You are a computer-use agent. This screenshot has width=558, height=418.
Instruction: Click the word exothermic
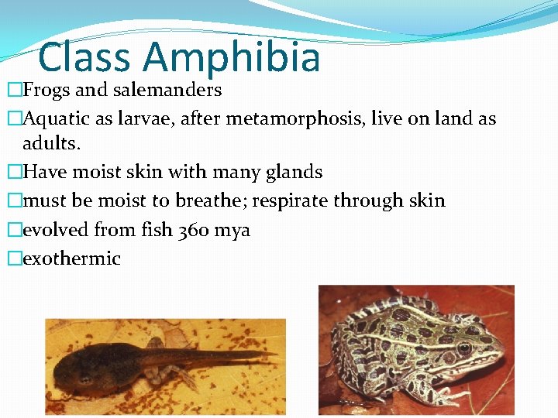coord(72,259)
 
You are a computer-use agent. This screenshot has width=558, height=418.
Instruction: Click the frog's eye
coord(465,348)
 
